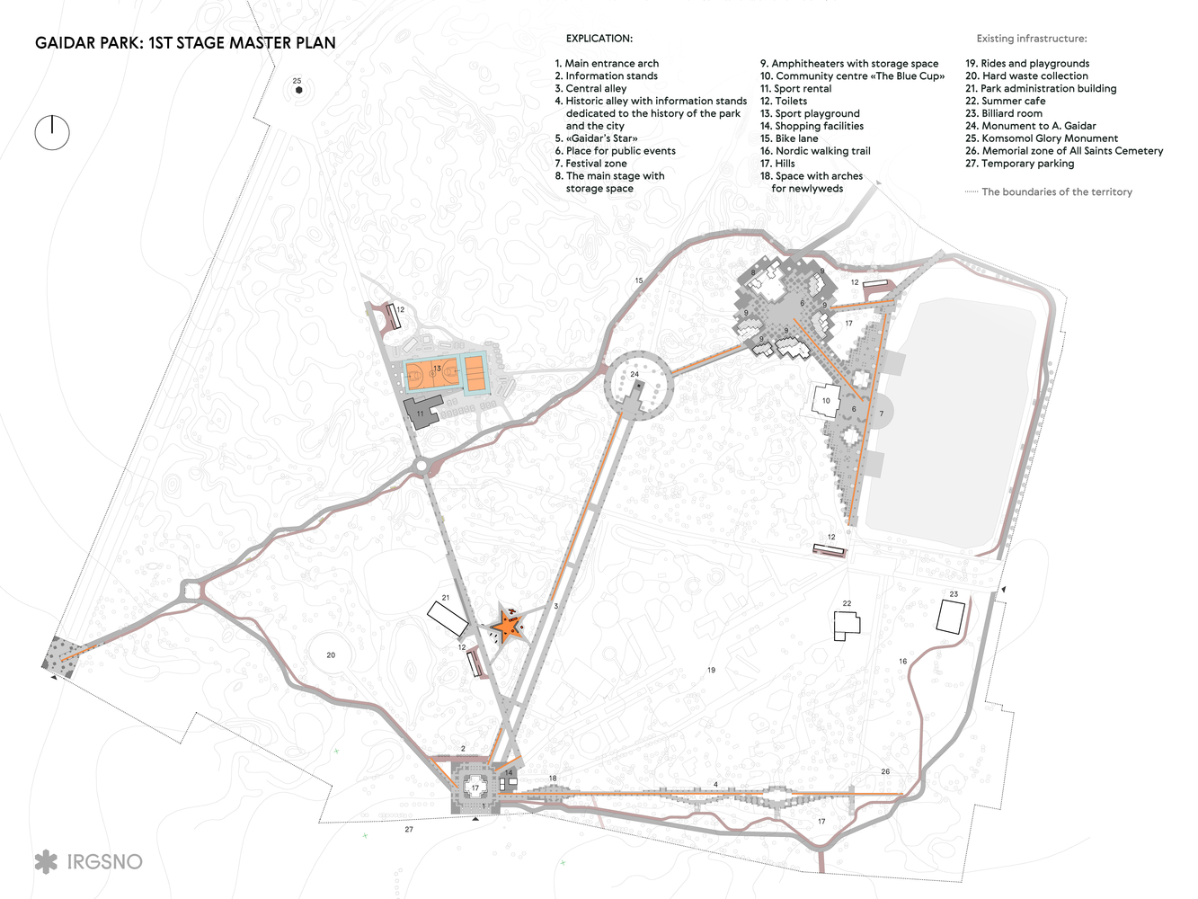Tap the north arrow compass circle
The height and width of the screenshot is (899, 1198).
tap(52, 133)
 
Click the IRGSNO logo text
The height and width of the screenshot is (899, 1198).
tap(104, 861)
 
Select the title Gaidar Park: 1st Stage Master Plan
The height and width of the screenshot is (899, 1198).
tap(185, 43)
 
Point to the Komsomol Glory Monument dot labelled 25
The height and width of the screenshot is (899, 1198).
tap(298, 90)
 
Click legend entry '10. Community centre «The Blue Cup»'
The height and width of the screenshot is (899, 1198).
tap(852, 76)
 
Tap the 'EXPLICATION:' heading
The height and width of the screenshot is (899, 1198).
tap(599, 39)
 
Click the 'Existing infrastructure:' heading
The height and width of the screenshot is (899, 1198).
tap(1032, 39)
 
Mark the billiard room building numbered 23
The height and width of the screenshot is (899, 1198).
tap(950, 617)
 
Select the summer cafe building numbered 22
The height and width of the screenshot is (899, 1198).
tap(847, 624)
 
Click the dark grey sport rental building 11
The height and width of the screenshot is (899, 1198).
tap(422, 413)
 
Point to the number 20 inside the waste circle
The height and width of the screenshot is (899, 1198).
tap(331, 655)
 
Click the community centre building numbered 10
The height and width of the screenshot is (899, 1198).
tap(826, 399)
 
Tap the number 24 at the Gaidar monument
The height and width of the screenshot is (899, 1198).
tap(634, 374)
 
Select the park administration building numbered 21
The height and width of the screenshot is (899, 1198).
tap(447, 619)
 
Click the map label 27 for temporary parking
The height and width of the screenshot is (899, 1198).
tap(409, 829)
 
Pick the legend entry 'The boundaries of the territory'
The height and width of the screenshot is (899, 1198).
tap(1056, 192)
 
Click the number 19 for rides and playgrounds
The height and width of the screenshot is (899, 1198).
tap(711, 670)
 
